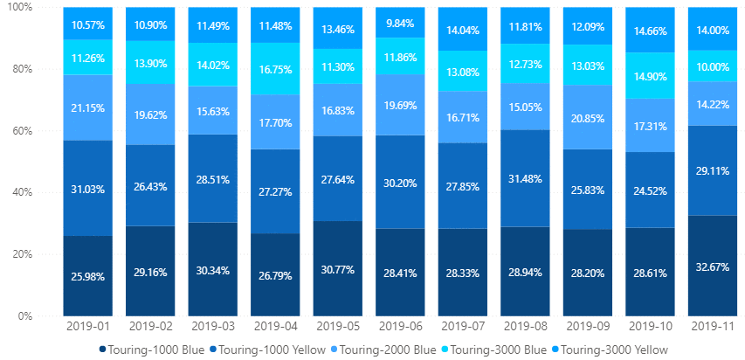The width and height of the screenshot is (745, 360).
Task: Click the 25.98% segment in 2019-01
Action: [88, 276]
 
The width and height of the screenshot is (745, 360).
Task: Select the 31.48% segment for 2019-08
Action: [525, 178]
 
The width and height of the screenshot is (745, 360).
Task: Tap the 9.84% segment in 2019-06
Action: [400, 23]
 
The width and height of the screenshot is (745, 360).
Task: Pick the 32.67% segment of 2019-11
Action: [712, 266]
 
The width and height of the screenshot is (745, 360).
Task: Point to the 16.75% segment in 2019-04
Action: [275, 69]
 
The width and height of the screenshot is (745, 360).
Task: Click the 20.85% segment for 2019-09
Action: [587, 117]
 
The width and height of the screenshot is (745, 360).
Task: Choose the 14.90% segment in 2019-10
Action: [650, 75]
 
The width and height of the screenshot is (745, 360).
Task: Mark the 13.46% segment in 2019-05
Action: [337, 28]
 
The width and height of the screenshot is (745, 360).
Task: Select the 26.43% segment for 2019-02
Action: [150, 185]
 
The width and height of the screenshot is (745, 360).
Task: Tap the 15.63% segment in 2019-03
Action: [213, 110]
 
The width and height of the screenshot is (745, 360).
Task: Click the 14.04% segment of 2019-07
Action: [462, 29]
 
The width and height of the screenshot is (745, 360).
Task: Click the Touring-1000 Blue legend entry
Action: [152, 350]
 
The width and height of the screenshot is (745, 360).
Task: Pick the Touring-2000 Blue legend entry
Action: [383, 350]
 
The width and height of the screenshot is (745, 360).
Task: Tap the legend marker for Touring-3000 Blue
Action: [444, 350]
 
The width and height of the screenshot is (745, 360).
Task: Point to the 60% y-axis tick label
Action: [23, 131]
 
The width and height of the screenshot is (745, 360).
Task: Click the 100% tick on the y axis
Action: [19, 8]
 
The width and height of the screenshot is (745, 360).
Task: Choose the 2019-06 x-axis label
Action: [400, 327]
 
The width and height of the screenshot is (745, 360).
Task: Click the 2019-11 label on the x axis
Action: [712, 327]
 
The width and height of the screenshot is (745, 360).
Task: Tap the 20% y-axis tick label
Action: [23, 254]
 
